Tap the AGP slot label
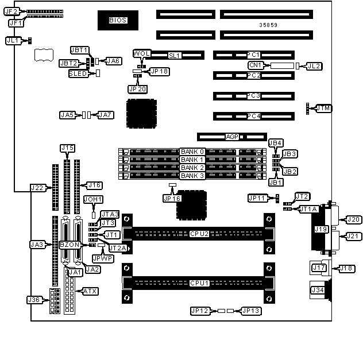(232, 137)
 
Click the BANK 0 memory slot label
(192, 152)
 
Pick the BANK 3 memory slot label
(192, 176)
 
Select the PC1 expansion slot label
(254, 55)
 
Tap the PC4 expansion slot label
(254, 116)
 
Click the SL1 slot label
(175, 56)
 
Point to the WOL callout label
(141, 53)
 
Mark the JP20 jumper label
(137, 89)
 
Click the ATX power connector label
(90, 291)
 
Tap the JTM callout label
(324, 108)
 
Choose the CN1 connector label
(255, 65)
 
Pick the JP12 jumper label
(199, 311)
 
